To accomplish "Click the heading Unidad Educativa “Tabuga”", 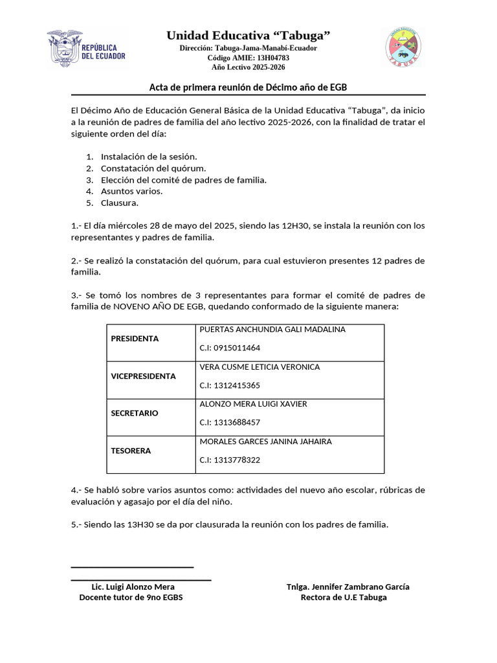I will tap(248, 34).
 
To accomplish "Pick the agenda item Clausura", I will tap(119, 203).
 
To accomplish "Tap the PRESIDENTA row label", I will tap(135, 339).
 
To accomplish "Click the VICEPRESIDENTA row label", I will tap(143, 376).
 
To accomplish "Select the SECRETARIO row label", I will tap(134, 413).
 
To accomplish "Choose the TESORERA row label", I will tap(131, 451).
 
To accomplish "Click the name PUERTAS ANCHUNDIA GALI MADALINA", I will tap(272, 330).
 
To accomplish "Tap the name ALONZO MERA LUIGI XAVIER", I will tap(254, 404).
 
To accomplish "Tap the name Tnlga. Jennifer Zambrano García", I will tap(348, 587).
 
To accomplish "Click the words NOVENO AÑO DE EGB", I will tap(152, 306).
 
